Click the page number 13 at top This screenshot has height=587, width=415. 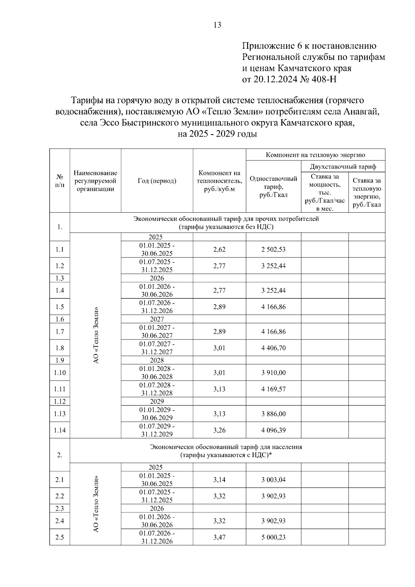pos(218,25)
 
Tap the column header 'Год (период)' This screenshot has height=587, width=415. pos(157,181)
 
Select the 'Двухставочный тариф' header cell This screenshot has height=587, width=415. pos(343,167)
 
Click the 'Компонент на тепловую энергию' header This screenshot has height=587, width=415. pos(315,155)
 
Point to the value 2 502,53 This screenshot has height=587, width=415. pos(273,249)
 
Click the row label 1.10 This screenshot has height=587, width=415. pos(59,373)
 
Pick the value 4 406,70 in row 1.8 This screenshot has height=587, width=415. pos(273,348)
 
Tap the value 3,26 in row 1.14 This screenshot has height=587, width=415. pos(219,430)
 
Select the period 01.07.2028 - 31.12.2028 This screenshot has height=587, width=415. pos(157,389)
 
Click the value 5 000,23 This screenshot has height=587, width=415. pos(273,537)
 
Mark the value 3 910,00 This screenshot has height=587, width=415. pos(273,373)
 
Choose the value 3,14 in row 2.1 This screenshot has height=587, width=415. pos(219,479)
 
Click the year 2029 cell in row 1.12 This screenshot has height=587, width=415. pos(157,401)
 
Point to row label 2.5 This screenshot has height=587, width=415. pos(59,537)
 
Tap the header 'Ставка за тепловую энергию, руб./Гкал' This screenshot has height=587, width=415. pos(367,193)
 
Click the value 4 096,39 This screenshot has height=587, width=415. pos(273,430)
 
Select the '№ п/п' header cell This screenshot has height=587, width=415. pos(59,181)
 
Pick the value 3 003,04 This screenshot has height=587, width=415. pos(273,479)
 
